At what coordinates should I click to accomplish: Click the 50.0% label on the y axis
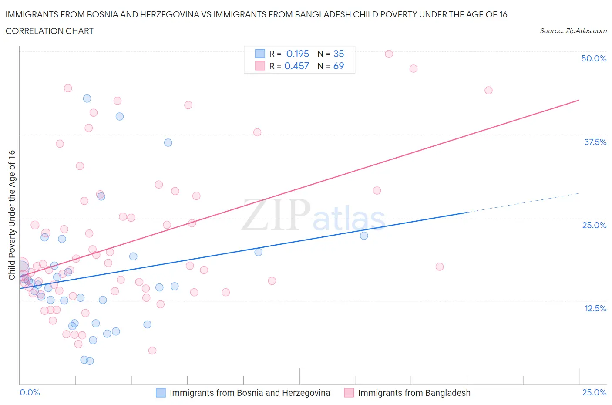coord(594,58)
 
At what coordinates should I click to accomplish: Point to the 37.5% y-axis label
coord(595,142)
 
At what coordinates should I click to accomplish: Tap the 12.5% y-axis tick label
coord(595,308)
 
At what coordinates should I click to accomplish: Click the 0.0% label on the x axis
coord(30,392)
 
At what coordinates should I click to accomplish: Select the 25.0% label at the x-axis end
coord(594,392)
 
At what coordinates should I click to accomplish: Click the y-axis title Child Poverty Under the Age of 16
coord(12,215)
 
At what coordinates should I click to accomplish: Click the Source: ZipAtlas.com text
coord(573,30)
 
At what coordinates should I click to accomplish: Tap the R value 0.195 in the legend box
coord(297,54)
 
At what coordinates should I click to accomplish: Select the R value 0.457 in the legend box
coord(296,66)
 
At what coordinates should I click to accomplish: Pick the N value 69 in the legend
coord(338,66)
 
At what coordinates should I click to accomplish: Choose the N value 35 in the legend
coord(338,54)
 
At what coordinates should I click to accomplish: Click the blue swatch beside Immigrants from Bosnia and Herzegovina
coord(161,393)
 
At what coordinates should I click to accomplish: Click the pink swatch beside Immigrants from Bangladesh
coord(349,393)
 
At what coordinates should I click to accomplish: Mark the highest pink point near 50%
coord(389,54)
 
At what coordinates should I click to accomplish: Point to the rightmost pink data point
coord(488,90)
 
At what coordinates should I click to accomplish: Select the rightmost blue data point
coord(364,236)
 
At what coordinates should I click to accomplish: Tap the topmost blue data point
coord(87,98)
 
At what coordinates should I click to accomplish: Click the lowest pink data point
coord(152,351)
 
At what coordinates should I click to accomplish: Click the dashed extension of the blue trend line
coord(522,202)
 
